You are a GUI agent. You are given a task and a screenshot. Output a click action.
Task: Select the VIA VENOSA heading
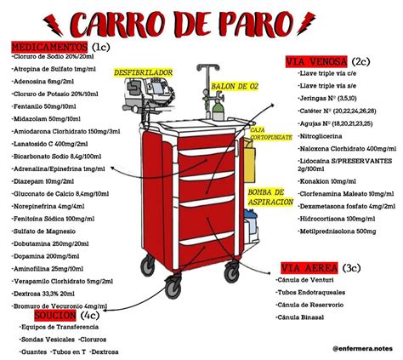pos(315,61)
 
